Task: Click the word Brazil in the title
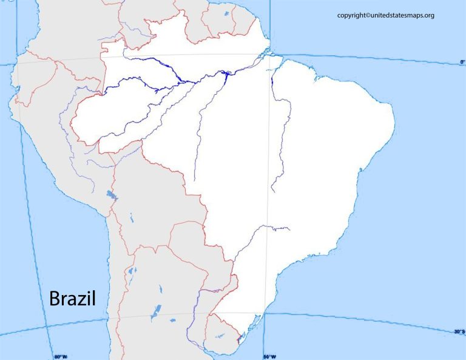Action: pos(71,299)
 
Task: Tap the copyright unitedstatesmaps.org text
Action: pos(386,15)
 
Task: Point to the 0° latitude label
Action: pos(462,62)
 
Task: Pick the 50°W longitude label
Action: pos(269,356)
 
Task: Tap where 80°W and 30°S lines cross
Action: pos(47,328)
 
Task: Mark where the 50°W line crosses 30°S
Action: pos(265,314)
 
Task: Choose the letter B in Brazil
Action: pos(54,299)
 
